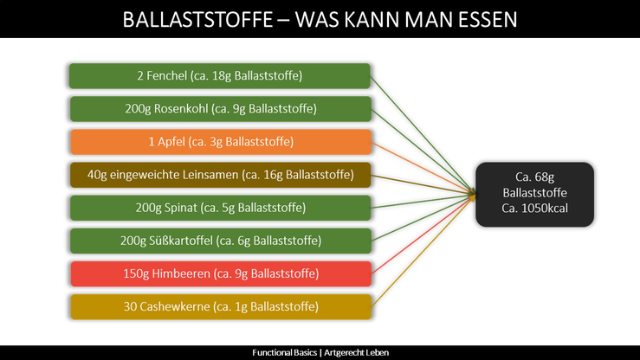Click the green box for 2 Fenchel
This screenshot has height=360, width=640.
(x=220, y=76)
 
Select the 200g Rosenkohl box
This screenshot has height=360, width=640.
(x=221, y=109)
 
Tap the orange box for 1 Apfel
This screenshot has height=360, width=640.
(x=221, y=142)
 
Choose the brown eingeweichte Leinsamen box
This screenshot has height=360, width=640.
(x=221, y=175)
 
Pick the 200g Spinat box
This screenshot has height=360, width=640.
(x=221, y=208)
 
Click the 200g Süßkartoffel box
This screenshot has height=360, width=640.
(x=221, y=241)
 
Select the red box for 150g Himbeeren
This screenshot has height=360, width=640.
(x=221, y=274)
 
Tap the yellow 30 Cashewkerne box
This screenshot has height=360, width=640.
(x=221, y=307)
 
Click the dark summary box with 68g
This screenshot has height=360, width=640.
(x=534, y=195)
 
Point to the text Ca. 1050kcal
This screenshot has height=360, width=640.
(x=534, y=209)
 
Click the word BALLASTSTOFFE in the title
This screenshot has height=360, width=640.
(x=197, y=20)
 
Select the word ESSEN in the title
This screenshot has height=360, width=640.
(x=488, y=20)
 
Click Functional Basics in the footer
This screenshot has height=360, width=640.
(x=284, y=353)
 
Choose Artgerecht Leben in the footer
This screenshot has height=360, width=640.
(x=356, y=353)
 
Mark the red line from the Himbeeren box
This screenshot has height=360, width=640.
(x=423, y=235)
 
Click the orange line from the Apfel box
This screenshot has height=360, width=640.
(x=423, y=168)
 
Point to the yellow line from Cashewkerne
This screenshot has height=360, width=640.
(x=423, y=252)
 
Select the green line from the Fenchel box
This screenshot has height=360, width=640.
(x=423, y=134)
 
